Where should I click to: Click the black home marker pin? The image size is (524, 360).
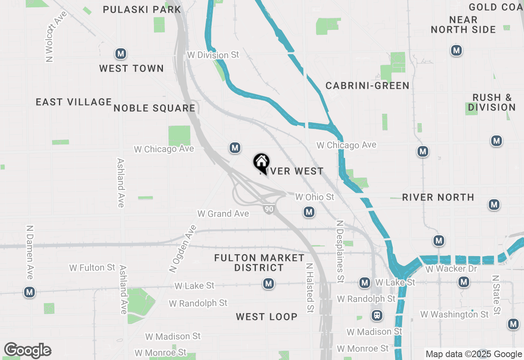tap(261, 162)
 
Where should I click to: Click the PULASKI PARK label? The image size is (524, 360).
tap(142, 9)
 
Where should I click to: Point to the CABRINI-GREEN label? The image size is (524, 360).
tap(367, 85)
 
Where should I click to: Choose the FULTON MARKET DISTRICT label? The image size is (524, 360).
tap(260, 263)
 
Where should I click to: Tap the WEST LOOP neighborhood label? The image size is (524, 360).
tap(267, 317)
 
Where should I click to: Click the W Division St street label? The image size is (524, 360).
tap(212, 55)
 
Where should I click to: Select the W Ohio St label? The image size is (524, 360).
tap(315, 197)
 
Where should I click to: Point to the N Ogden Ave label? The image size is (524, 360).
tap(183, 248)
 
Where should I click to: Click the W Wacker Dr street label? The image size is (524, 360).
tap(451, 269)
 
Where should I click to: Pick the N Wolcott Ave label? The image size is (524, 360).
tap(51, 37)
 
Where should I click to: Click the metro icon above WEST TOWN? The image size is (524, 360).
tap(120, 54)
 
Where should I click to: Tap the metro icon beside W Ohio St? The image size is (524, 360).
tap(309, 212)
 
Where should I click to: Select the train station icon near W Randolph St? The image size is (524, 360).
tap(377, 315)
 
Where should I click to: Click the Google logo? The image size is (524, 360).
tap(27, 350)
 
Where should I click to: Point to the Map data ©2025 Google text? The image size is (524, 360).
tap(474, 354)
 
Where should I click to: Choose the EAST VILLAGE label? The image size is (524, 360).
tap(74, 102)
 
